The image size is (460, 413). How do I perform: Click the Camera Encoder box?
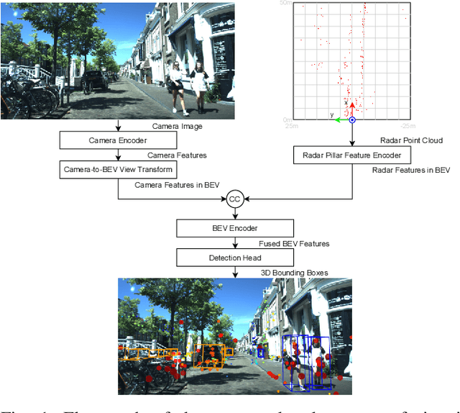coord(118,140)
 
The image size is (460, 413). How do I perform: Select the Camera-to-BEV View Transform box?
coord(118,170)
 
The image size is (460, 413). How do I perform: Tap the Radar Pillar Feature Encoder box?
coord(351,155)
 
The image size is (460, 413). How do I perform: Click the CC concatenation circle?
coord(235,199)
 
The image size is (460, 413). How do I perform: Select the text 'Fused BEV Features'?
coord(294,244)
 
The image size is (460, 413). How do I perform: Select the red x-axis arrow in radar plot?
coord(352,109)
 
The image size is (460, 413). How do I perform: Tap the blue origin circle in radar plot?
coord(352,119)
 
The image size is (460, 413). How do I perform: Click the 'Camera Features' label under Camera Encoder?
coord(177,155)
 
